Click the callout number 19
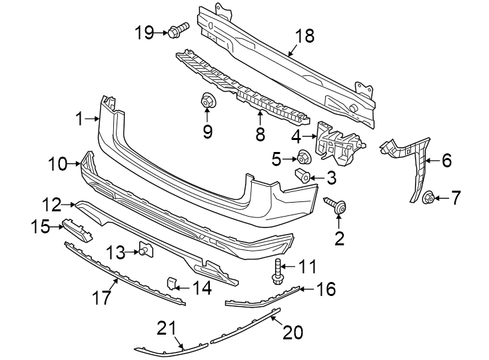point(144,31)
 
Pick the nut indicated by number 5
point(304,158)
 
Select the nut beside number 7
point(429,197)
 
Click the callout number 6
point(446,160)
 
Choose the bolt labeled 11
point(278,269)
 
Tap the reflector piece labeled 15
point(77,227)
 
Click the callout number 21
point(165,328)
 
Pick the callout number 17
point(101,298)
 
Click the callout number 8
point(260,133)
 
